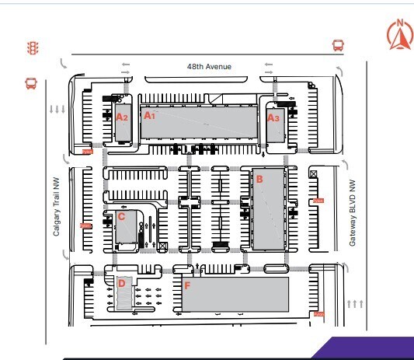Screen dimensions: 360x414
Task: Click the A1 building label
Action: [149, 115]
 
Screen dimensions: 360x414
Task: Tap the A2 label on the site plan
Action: [121, 117]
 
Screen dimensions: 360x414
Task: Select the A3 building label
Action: [273, 118]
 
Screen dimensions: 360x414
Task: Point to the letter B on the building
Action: [259, 179]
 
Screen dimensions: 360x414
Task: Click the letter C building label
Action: [121, 217]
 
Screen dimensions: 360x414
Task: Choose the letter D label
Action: [121, 283]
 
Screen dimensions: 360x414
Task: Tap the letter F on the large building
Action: [187, 285]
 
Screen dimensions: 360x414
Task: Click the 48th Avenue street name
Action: [209, 67]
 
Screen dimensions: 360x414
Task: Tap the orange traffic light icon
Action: [33, 47]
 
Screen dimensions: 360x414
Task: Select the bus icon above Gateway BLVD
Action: [338, 45]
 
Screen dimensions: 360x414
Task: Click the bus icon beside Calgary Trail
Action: [31, 82]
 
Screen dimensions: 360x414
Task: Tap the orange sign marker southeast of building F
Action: [318, 314]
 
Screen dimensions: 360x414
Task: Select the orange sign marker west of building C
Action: [85, 225]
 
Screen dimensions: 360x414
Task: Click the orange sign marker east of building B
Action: [317, 201]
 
